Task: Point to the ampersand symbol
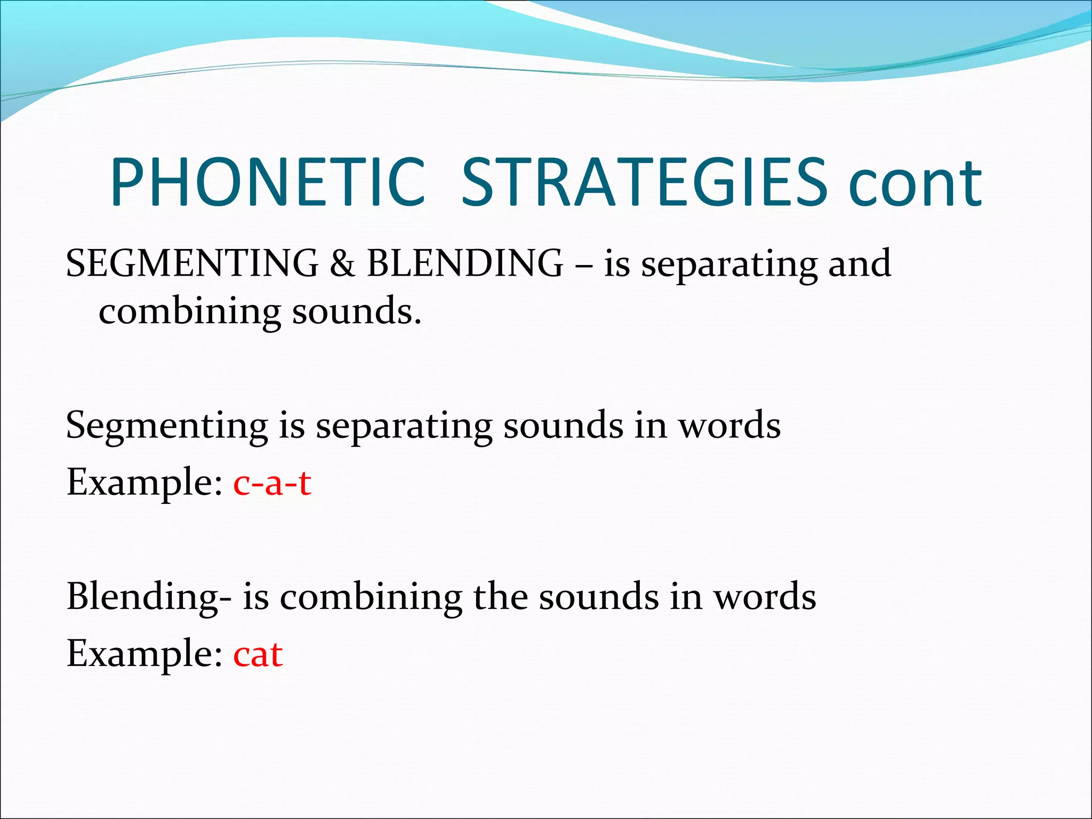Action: click(342, 263)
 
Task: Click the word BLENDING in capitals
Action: click(465, 263)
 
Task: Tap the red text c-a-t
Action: click(272, 483)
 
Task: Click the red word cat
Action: click(258, 654)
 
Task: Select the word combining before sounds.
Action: click(189, 312)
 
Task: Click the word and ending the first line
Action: click(859, 263)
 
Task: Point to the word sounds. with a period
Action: click(356, 312)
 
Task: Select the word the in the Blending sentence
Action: click(499, 597)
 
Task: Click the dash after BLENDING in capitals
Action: click(583, 264)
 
